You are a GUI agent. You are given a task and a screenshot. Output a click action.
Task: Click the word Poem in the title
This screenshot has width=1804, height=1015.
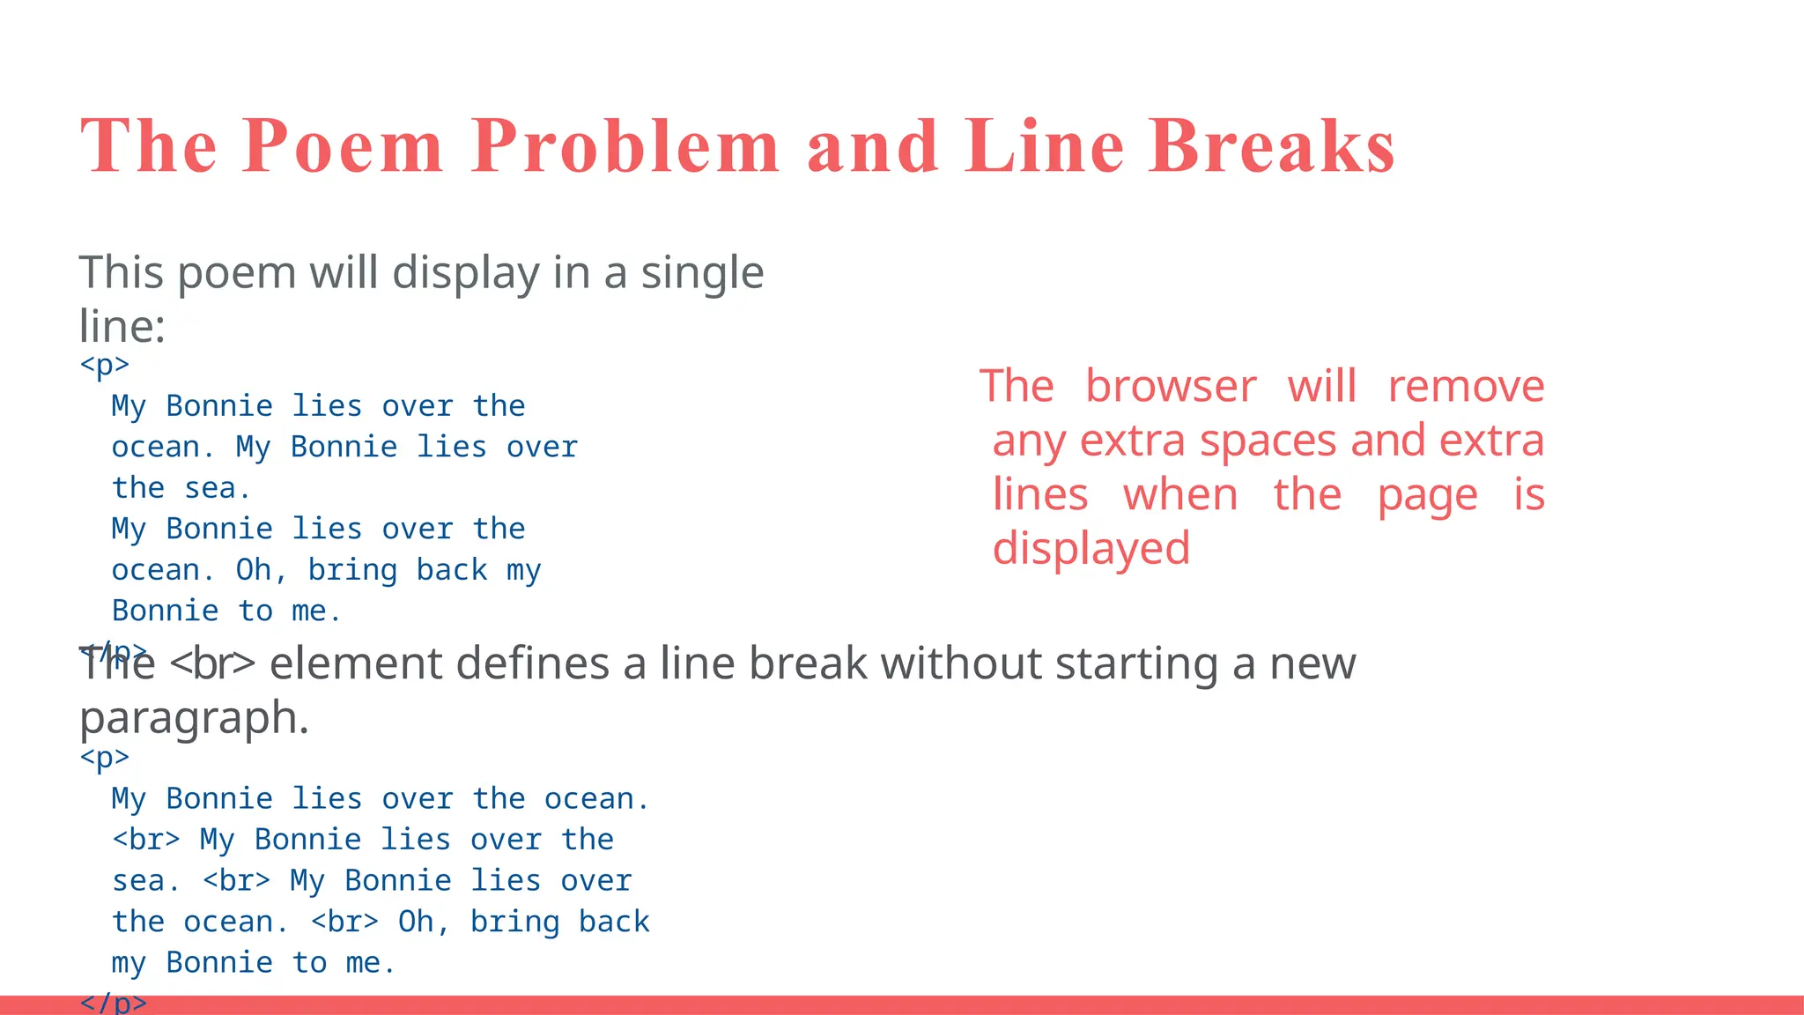(343, 146)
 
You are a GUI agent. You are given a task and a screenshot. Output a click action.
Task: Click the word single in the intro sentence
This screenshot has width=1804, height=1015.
(701, 272)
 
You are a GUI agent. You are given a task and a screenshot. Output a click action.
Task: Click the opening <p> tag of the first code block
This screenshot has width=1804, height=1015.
(104, 364)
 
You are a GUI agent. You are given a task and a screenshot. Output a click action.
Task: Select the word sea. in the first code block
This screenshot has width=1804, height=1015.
(218, 487)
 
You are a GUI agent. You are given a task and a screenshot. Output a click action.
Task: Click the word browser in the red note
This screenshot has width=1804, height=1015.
(1170, 386)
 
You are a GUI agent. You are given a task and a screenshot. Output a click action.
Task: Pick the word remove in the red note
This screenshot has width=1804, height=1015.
(1466, 386)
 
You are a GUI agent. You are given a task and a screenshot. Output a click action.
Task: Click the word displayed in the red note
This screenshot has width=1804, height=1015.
(1091, 548)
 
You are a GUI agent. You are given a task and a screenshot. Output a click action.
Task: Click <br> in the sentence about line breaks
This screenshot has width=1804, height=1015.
(211, 663)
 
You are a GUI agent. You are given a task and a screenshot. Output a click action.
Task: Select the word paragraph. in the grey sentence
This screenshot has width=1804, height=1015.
(194, 718)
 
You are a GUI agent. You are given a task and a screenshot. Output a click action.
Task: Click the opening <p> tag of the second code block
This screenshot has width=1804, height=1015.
(104, 757)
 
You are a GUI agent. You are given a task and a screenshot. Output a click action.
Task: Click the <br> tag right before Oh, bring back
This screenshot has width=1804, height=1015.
(344, 922)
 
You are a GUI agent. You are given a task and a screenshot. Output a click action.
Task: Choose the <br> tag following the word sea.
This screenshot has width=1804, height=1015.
(236, 880)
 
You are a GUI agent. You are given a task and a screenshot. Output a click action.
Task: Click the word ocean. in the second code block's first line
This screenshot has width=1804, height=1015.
(596, 798)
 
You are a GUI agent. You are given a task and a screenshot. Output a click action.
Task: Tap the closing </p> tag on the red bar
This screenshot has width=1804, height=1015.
(113, 1003)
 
